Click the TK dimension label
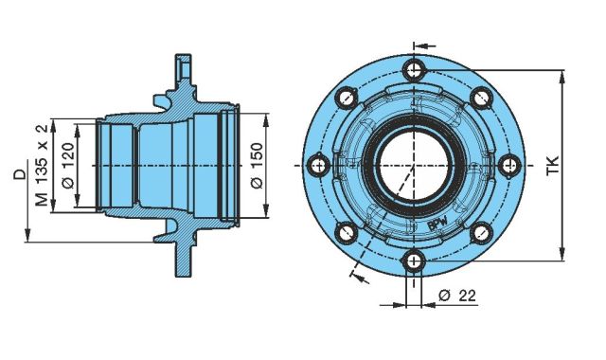point(553,166)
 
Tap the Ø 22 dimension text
point(457,296)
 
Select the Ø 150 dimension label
point(258,166)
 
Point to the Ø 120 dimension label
point(68,166)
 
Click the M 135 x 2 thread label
point(42,166)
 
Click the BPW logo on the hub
point(437,224)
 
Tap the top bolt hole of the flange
point(414,71)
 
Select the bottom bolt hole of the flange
point(414,261)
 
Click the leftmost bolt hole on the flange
point(318,166)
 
